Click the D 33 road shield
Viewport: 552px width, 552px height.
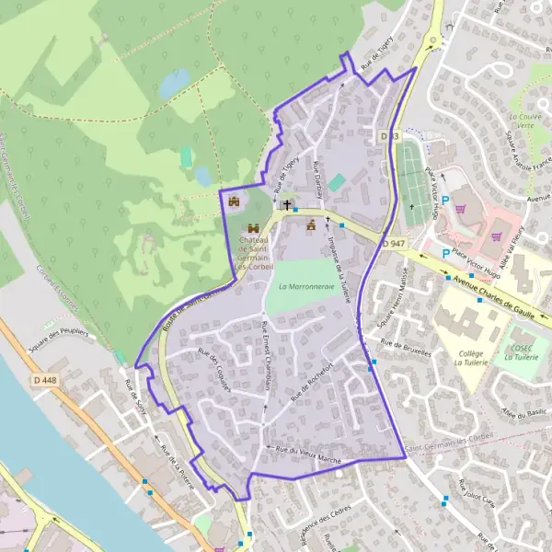click(390, 136)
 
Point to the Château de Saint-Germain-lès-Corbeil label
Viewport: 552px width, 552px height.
click(253, 248)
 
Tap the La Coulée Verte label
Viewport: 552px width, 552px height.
click(525, 123)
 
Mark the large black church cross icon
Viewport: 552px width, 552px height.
click(287, 204)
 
